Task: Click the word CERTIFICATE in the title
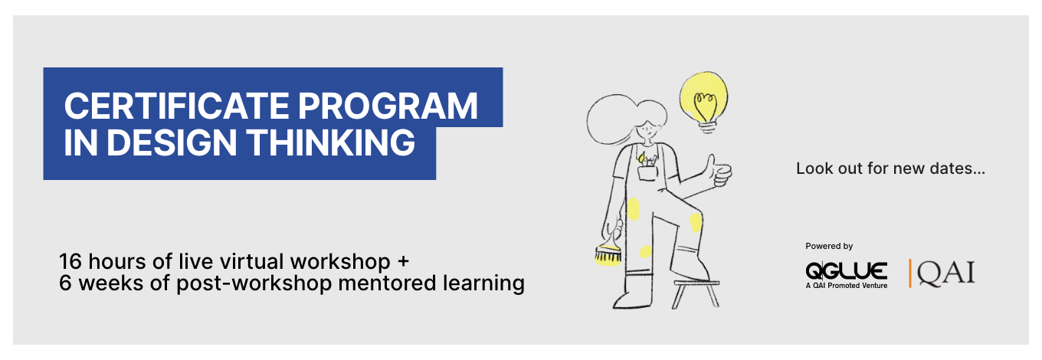[x=177, y=106]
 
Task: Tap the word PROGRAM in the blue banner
[x=388, y=106]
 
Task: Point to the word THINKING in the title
[x=331, y=142]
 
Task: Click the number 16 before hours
[x=70, y=261]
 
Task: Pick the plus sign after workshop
[x=403, y=261]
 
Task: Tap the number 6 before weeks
[x=65, y=283]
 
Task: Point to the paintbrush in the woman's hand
[x=608, y=251]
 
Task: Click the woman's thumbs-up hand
[x=718, y=172]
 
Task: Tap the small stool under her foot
[x=696, y=293]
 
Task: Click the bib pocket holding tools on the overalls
[x=647, y=171]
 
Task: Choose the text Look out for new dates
[x=890, y=169]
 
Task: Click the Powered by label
[x=829, y=246]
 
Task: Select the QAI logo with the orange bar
[x=942, y=273]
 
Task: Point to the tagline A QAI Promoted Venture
[x=846, y=286]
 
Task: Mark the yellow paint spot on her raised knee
[x=696, y=222]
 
